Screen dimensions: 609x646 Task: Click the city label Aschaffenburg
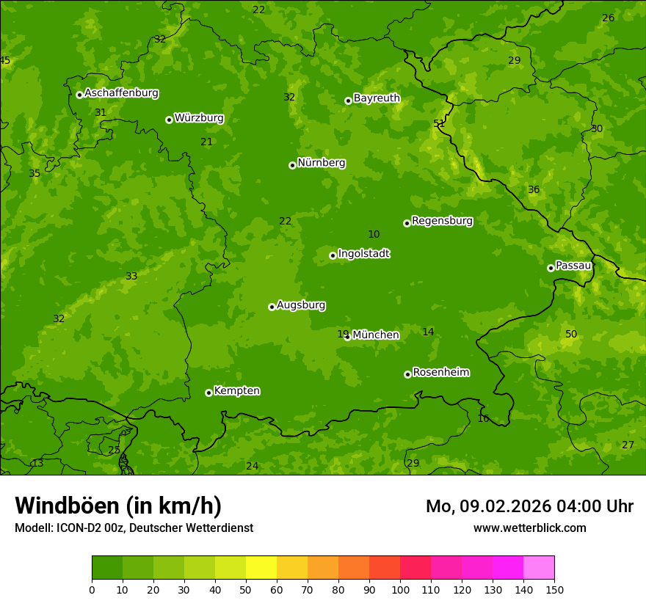point(121,93)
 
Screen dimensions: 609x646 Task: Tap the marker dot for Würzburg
point(169,120)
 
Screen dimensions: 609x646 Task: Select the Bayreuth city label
point(377,98)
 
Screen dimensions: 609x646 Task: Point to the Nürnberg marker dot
point(292,165)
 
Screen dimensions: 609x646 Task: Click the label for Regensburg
point(442,221)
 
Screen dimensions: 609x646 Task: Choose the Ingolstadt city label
point(363,254)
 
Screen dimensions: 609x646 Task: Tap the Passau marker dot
point(551,268)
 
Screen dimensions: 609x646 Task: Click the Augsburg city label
point(301,305)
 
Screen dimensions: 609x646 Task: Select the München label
point(376,335)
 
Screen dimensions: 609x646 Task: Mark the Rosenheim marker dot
point(407,374)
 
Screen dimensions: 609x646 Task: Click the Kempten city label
point(236,391)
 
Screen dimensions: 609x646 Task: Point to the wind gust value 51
point(439,123)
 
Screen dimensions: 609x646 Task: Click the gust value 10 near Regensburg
point(374,234)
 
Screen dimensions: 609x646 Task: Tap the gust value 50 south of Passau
point(571,334)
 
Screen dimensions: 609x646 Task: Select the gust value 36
point(534,189)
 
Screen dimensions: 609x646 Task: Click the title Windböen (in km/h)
point(117,506)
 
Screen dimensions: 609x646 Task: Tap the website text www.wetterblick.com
point(529,528)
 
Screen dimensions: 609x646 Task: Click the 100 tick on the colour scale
point(400,588)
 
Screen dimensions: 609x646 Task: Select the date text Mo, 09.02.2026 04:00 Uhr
point(529,506)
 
